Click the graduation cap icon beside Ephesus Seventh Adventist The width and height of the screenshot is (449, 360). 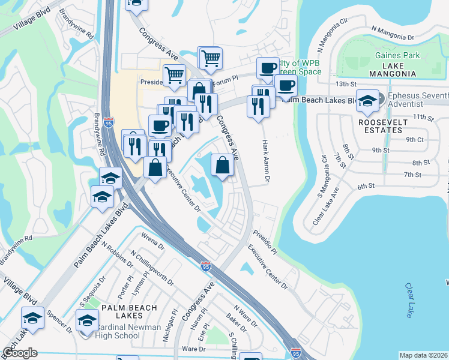[367, 101]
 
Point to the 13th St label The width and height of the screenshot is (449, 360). [346, 84]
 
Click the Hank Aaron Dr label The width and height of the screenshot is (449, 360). [265, 156]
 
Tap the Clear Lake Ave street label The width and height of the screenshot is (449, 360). [325, 206]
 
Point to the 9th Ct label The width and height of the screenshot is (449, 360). [415, 139]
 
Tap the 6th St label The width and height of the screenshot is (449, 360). [366, 187]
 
